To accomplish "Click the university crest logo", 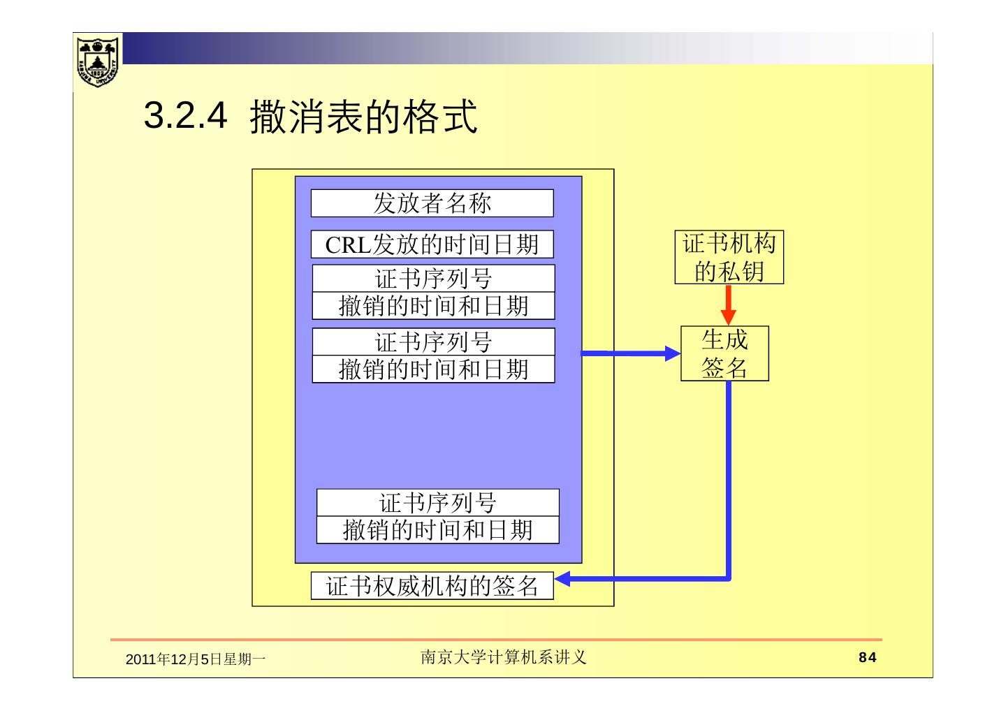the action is [x=98, y=61].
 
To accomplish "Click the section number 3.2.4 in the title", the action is [x=185, y=116].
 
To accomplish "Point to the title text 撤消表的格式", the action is [x=363, y=116].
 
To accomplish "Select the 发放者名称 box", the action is [x=432, y=203].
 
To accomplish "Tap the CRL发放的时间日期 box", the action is [x=432, y=244].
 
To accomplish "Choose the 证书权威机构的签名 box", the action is [x=432, y=586].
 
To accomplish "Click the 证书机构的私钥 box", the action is [x=729, y=257].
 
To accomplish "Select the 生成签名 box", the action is [x=724, y=353].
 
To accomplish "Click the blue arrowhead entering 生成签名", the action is [x=672, y=353].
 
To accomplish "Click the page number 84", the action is [x=867, y=657].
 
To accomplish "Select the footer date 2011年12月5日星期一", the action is [x=195, y=659].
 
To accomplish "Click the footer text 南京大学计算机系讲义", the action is [x=503, y=657].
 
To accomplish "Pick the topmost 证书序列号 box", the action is [x=433, y=279].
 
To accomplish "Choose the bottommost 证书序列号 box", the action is [x=437, y=503].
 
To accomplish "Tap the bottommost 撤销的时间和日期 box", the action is [x=437, y=530].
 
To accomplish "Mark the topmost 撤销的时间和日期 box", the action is [x=433, y=306].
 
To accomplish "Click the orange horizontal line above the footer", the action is [x=496, y=639].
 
